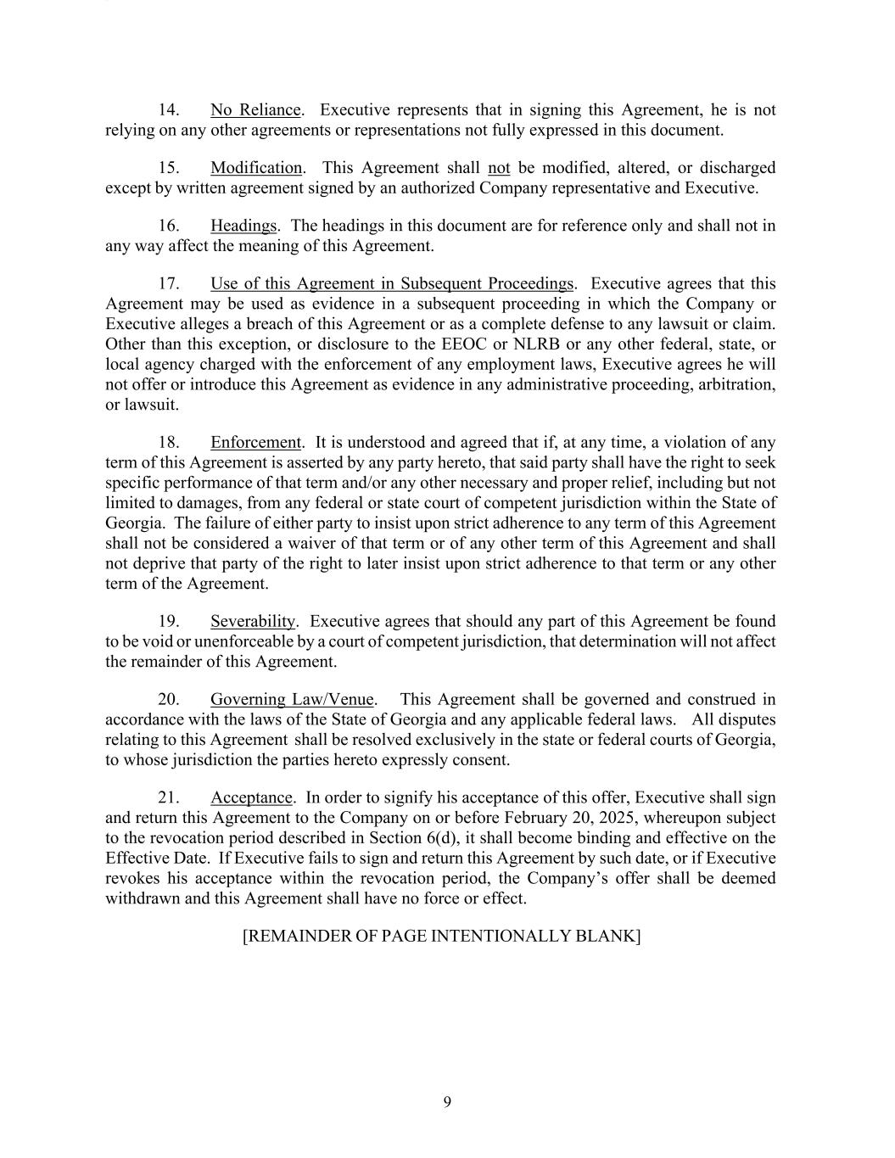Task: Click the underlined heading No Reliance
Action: (255, 110)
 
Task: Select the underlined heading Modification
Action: (256, 168)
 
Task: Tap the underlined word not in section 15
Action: (499, 168)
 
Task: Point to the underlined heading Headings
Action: (243, 226)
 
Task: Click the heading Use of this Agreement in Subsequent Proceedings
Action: (392, 283)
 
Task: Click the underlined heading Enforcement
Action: (255, 443)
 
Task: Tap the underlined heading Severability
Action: (253, 622)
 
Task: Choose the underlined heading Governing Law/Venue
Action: (292, 700)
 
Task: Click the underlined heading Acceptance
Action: (251, 798)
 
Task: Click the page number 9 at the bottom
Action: (447, 1103)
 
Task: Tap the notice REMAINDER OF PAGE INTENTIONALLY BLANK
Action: (441, 937)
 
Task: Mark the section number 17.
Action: (168, 283)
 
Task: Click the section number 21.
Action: (168, 798)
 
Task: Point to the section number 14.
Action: (168, 110)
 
